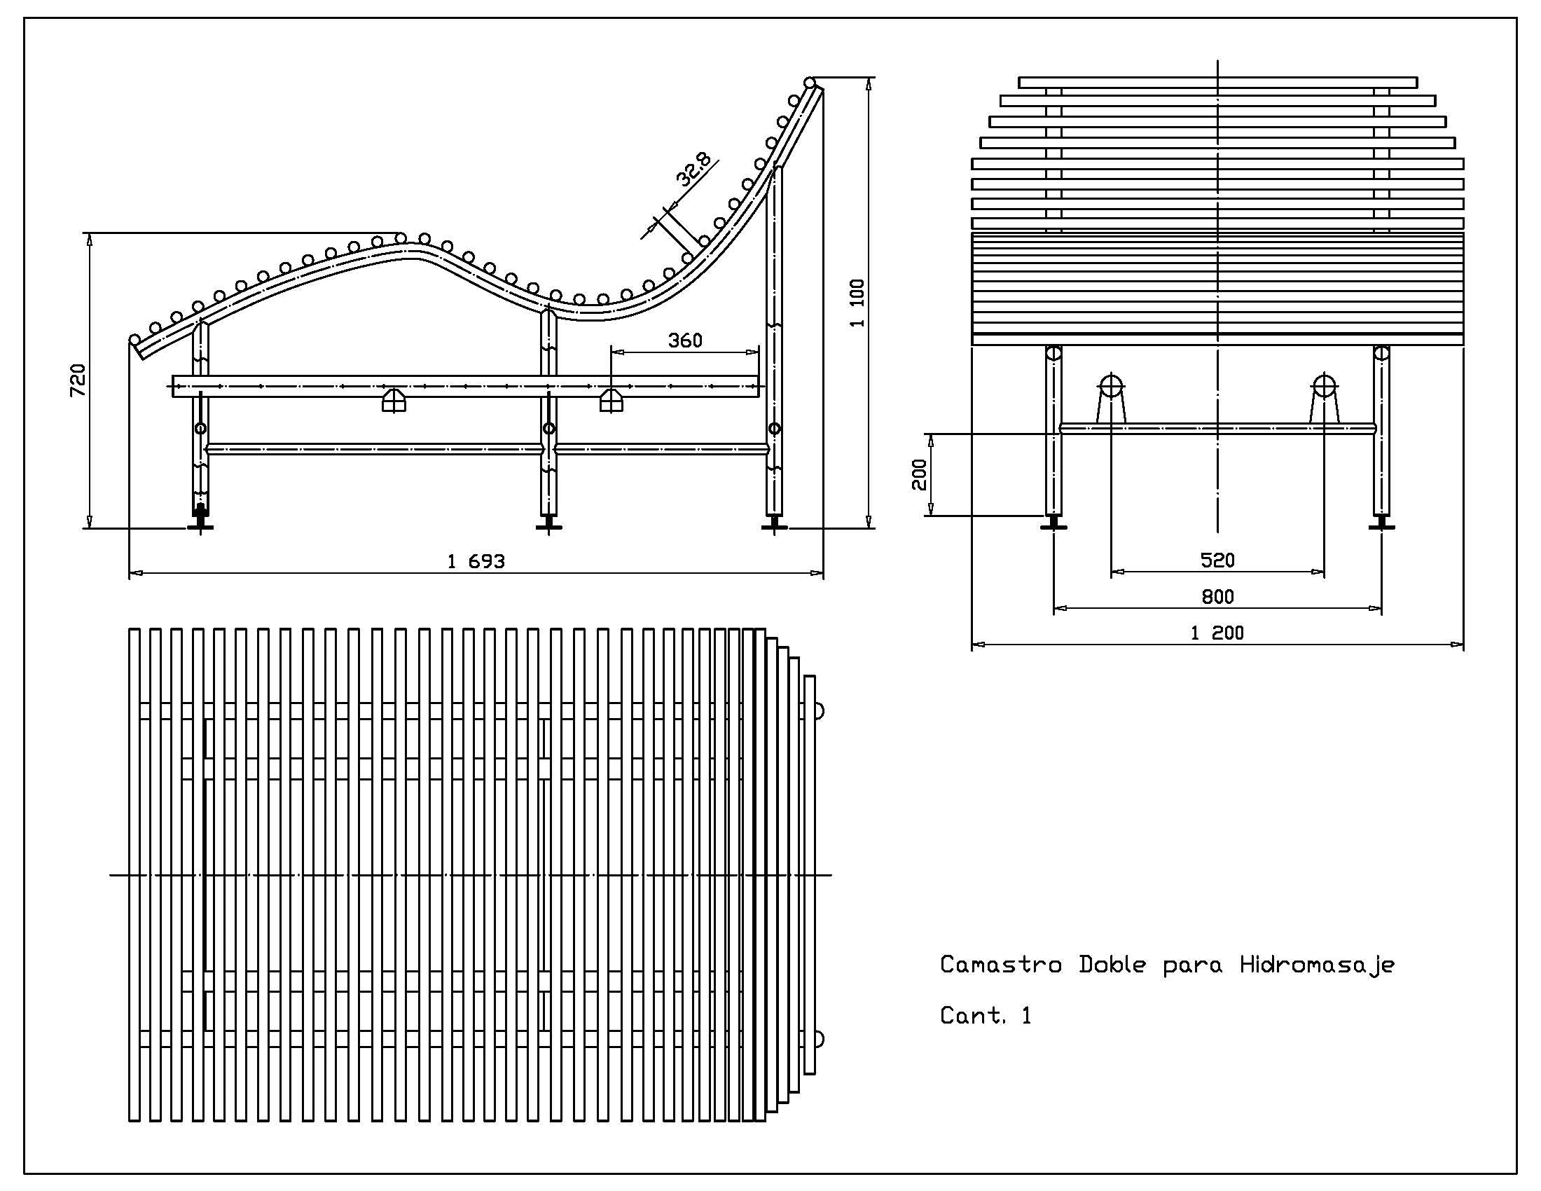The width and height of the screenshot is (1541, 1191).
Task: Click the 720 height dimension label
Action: tap(78, 380)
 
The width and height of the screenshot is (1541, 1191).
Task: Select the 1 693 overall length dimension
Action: tap(476, 562)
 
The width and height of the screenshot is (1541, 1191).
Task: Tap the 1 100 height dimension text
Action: tap(857, 303)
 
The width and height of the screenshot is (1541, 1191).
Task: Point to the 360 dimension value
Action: tap(685, 340)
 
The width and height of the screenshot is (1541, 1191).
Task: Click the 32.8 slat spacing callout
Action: tap(693, 170)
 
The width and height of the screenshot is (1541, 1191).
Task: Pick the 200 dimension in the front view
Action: tap(920, 475)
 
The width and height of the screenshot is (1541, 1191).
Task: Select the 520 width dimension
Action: tap(1217, 560)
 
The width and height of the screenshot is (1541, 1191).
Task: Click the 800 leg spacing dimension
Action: tap(1217, 597)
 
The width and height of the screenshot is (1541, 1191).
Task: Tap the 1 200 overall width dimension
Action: tap(1217, 633)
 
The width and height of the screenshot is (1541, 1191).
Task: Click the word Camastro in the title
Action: tap(1000, 965)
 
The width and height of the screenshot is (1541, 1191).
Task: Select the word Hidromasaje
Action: tap(1317, 965)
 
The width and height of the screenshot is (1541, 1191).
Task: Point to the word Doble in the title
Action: tap(1112, 965)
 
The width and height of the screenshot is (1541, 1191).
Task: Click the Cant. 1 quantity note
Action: tap(985, 1016)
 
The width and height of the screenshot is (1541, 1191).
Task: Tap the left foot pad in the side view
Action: tap(201, 524)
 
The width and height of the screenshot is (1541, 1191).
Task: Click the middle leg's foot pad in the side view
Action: tap(549, 525)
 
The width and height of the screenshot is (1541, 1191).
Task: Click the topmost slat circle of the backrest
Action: tap(810, 83)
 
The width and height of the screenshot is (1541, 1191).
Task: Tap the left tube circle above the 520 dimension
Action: tap(1111, 386)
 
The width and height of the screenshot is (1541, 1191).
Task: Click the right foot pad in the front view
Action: tap(1381, 524)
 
